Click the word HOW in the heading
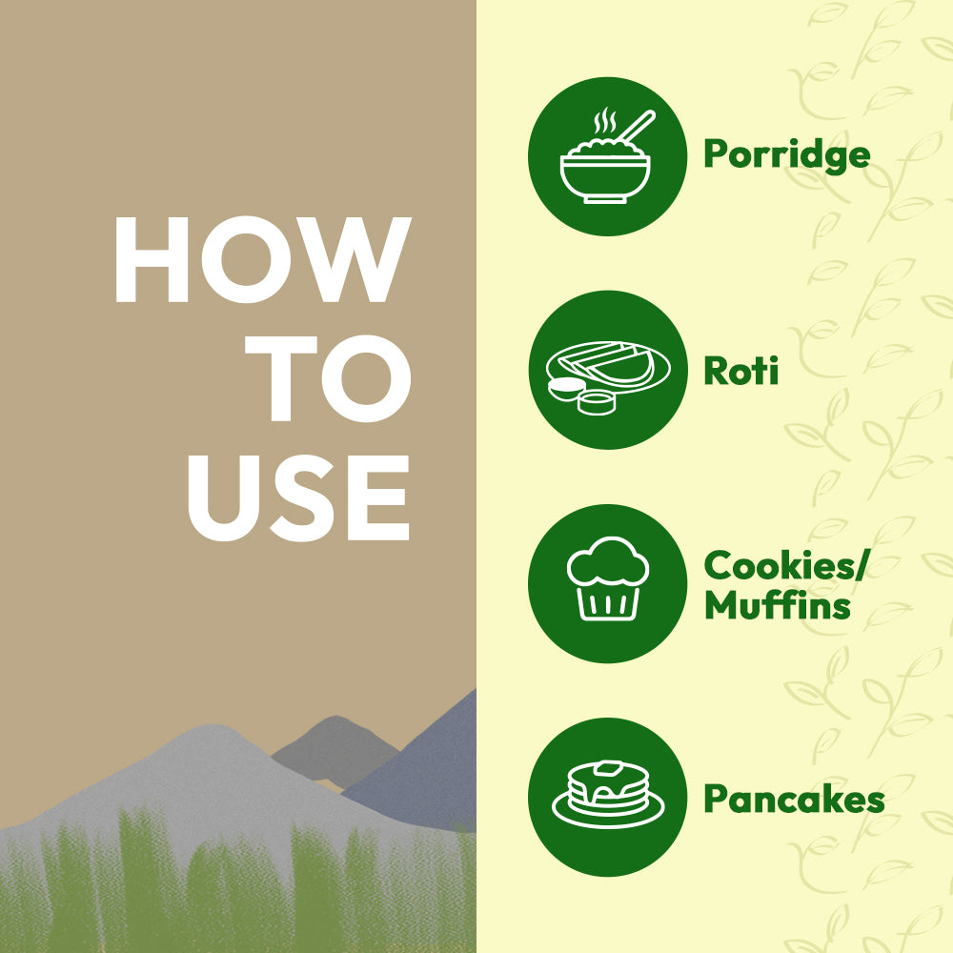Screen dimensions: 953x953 click(x=263, y=259)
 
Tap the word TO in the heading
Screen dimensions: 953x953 click(x=328, y=378)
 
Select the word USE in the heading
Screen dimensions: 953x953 click(x=298, y=497)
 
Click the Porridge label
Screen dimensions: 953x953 click(x=787, y=155)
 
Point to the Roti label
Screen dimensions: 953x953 click(x=740, y=370)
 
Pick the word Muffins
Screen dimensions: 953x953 click(x=778, y=605)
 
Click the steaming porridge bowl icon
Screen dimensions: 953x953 click(x=607, y=156)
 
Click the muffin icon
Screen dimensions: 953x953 click(x=608, y=578)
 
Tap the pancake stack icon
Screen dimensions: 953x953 click(x=608, y=795)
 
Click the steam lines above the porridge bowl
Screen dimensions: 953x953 click(x=605, y=121)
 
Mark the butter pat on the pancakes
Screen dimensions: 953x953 click(x=608, y=768)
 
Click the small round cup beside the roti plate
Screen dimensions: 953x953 click(x=597, y=403)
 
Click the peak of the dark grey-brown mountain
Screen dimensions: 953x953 click(x=336, y=717)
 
